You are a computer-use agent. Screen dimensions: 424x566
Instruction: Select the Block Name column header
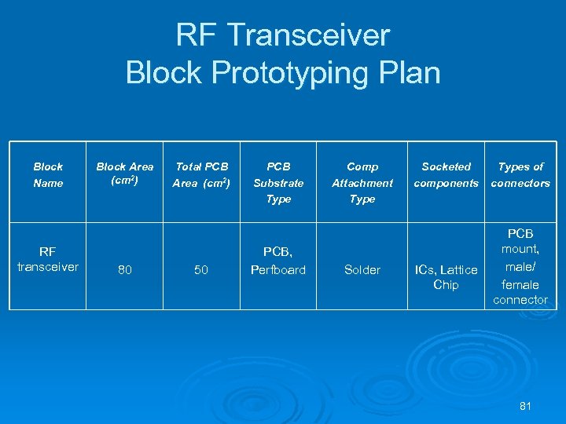48,174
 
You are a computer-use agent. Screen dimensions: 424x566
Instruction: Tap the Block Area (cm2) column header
124,174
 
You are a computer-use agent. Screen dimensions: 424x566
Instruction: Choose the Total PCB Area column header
201,174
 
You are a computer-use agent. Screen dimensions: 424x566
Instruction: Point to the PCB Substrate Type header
278,182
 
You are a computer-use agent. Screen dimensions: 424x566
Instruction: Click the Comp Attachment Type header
362,182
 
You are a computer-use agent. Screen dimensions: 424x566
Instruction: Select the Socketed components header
446,174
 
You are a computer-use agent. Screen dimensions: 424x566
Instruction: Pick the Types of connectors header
520,174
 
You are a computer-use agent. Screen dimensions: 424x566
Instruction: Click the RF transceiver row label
48,259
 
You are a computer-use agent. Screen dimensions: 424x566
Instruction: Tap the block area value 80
124,270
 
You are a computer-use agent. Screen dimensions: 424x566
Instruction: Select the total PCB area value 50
201,270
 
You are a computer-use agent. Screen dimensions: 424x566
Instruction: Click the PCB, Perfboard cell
277,261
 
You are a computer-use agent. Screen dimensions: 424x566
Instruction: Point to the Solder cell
362,270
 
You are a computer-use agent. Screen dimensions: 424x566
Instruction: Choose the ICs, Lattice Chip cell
446,277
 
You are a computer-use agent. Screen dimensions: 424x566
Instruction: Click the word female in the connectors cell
520,284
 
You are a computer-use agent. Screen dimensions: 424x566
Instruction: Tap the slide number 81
526,406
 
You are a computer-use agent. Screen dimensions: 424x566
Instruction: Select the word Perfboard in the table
277,270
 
